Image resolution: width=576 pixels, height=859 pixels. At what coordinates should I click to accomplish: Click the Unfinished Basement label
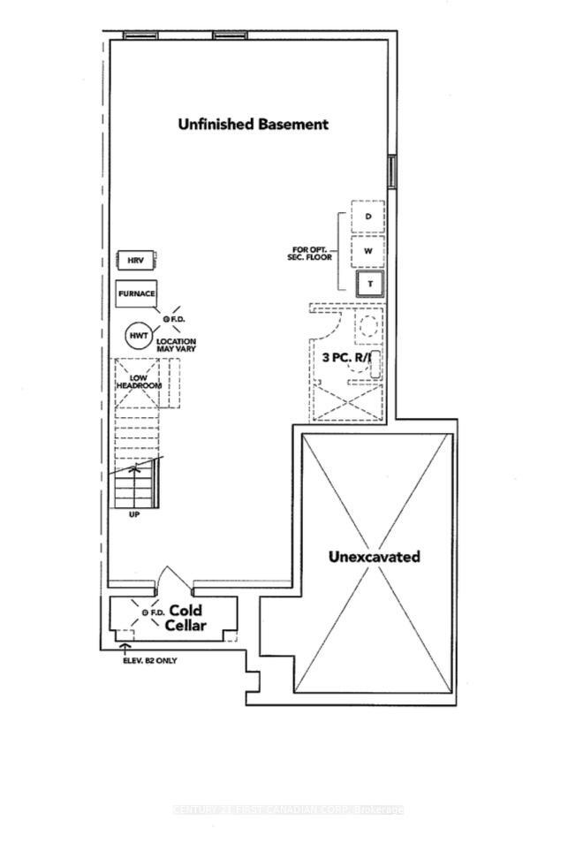click(x=253, y=125)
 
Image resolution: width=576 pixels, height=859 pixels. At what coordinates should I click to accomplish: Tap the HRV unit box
click(x=136, y=261)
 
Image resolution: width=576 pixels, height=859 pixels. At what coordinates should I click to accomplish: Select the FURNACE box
click(x=136, y=293)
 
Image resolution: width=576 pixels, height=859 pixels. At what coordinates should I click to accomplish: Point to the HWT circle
click(x=138, y=336)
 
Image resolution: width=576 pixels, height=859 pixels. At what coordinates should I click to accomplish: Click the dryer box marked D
click(x=368, y=217)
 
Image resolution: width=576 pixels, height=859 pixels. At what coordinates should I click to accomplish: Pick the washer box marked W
click(x=368, y=250)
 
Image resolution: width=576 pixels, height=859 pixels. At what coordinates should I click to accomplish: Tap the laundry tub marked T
click(x=368, y=284)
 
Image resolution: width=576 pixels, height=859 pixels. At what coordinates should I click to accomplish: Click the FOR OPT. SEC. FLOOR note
click(x=313, y=255)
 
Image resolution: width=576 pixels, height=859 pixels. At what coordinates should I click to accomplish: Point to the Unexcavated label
click(x=374, y=557)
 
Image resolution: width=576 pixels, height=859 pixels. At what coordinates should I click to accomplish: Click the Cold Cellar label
click(x=186, y=618)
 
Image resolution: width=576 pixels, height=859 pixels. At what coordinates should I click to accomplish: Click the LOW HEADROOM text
click(x=139, y=383)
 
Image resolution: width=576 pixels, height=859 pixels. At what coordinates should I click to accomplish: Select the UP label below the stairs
click(x=134, y=513)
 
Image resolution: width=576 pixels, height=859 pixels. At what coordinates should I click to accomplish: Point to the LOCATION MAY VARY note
click(x=176, y=345)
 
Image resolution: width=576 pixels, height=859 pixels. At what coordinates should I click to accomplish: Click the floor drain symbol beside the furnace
click(x=164, y=317)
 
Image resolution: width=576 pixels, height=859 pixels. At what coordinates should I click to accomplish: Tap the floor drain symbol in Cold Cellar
click(x=145, y=612)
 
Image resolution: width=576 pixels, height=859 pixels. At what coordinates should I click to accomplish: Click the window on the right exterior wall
click(x=392, y=171)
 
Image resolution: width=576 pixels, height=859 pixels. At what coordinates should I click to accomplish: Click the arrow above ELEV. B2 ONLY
click(x=124, y=650)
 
